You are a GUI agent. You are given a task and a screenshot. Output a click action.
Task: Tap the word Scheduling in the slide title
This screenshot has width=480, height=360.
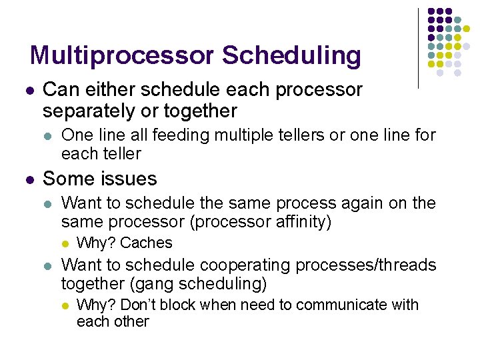tap(291, 55)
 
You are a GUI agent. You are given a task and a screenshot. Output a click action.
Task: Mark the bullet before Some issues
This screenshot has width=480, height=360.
tap(27, 179)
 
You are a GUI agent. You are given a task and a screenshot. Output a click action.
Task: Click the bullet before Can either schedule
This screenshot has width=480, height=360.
tap(27, 90)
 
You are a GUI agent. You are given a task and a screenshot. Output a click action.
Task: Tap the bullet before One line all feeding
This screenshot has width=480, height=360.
tap(46, 136)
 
